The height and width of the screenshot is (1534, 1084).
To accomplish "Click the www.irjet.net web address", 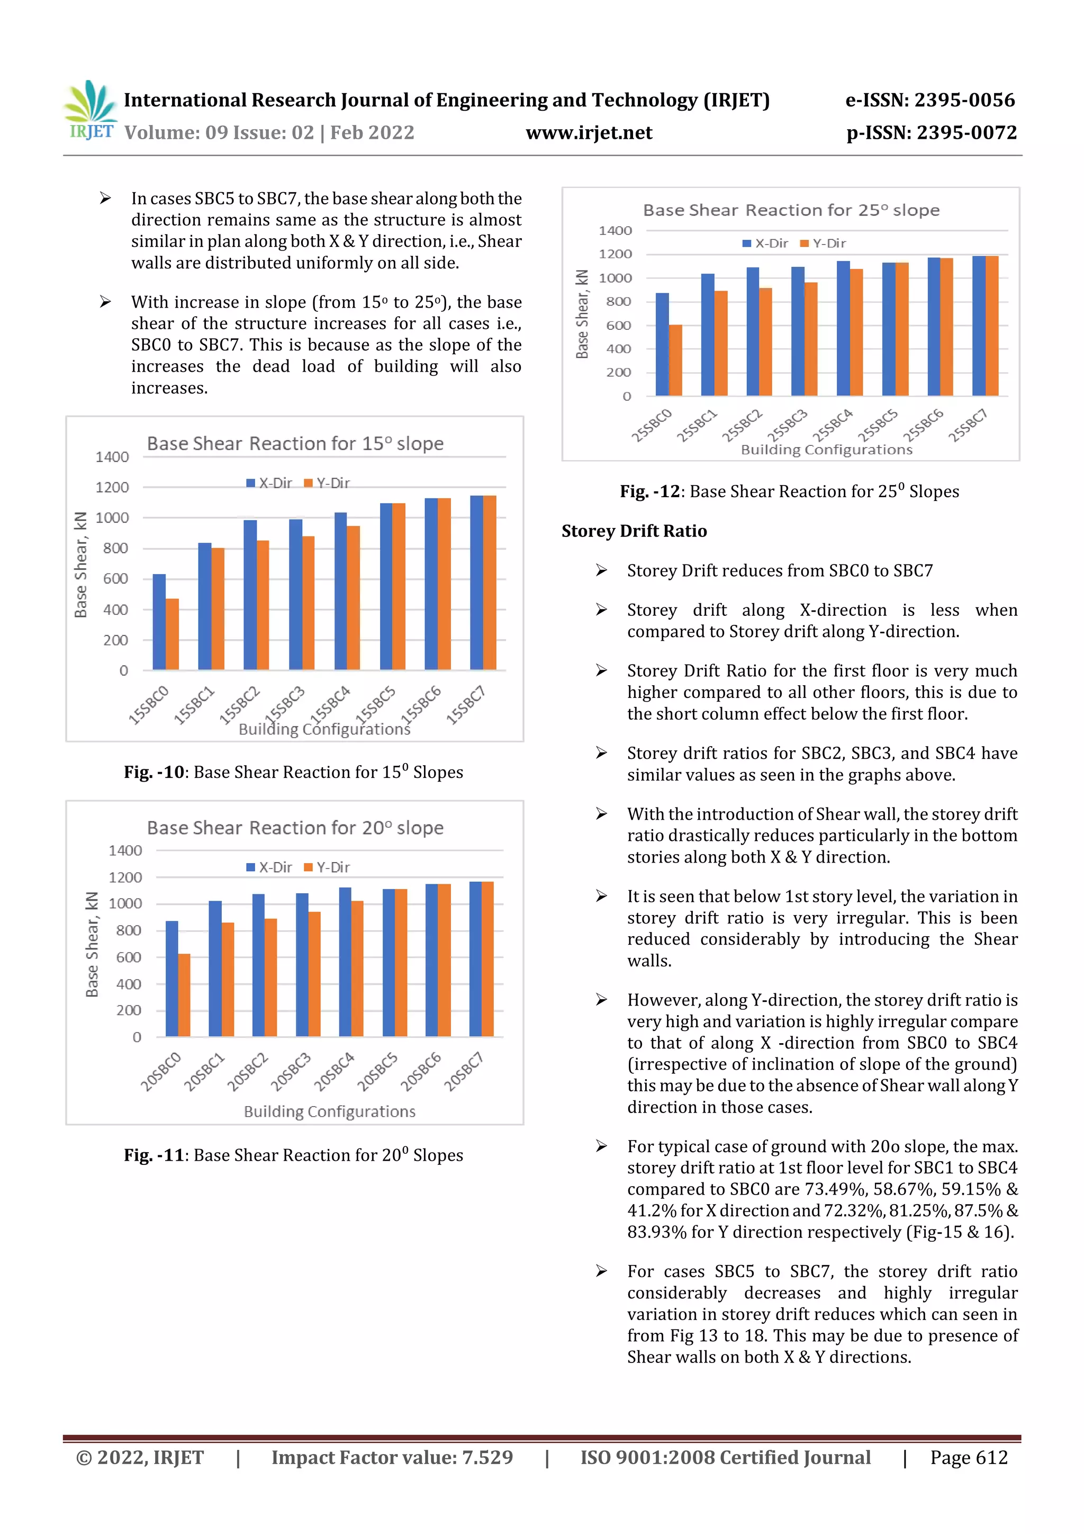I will [x=589, y=133].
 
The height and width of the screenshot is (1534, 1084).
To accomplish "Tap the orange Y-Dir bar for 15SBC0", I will [x=173, y=634].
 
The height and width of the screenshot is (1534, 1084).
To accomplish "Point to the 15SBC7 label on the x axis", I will [x=466, y=705].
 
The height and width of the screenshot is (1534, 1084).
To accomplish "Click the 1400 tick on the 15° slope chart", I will [x=112, y=457].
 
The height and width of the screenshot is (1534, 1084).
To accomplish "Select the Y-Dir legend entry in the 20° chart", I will [x=327, y=867].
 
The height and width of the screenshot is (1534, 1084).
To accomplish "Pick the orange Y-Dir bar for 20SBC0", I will [x=184, y=995].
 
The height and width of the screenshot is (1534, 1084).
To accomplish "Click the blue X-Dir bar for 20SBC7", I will [x=475, y=959].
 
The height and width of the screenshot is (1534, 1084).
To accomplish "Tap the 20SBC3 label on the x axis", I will [x=291, y=1072].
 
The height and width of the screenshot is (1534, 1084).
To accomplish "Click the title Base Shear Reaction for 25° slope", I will [x=791, y=210].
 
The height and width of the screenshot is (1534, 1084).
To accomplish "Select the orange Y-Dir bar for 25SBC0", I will [x=676, y=360].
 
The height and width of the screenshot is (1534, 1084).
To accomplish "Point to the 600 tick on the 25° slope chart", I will [x=618, y=325].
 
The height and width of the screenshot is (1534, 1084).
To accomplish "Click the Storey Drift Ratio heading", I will [x=634, y=531].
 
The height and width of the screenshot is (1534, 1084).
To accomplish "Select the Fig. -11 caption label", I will [x=153, y=1155].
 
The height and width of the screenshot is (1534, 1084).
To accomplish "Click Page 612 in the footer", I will [x=969, y=1457].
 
